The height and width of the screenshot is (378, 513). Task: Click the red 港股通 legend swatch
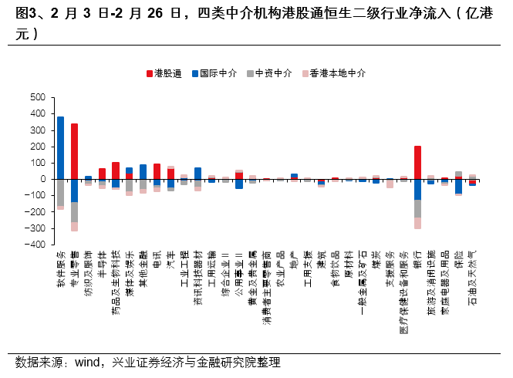pos(149,73)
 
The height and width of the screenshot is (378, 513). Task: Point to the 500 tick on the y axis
pos(38,97)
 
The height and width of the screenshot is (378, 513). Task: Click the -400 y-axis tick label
pos(35,245)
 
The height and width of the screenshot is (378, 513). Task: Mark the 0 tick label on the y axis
pos(43,179)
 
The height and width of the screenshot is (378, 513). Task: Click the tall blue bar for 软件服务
pos(60,147)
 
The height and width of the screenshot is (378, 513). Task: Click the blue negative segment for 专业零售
pos(74,191)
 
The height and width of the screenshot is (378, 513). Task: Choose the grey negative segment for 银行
pos(417,208)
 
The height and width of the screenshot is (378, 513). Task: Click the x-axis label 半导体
pos(102,262)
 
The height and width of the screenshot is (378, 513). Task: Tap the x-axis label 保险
pos(458,258)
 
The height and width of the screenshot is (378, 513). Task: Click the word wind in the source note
pos(90,363)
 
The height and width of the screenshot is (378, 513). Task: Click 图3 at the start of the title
pos(26,14)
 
